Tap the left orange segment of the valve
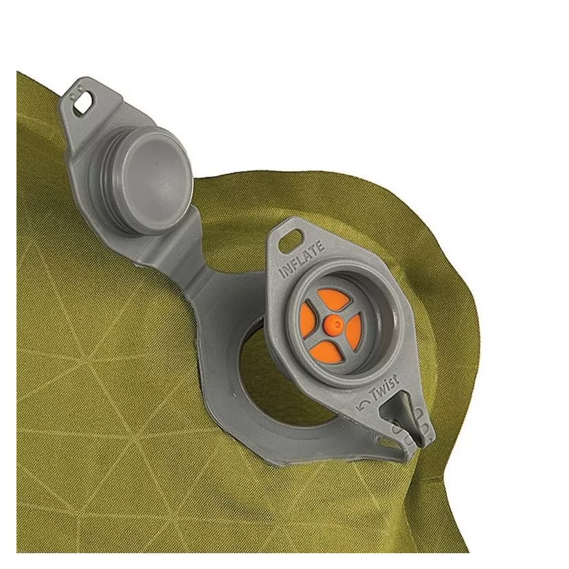pyautogui.click(x=307, y=320)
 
